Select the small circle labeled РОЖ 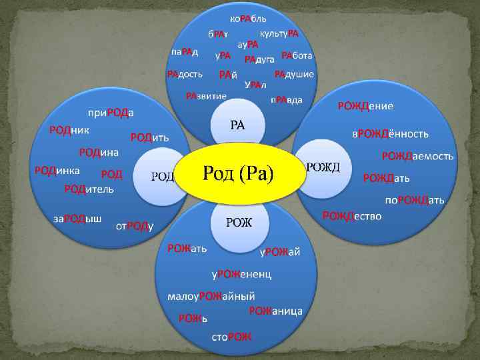(238, 223)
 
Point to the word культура (279, 33)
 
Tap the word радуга (259, 59)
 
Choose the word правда (286, 100)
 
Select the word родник (69, 130)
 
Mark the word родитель (89, 189)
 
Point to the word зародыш (77, 219)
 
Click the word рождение (365, 106)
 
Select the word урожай (280, 251)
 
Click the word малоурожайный (207, 296)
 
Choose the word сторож (231, 337)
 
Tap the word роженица (276, 311)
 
